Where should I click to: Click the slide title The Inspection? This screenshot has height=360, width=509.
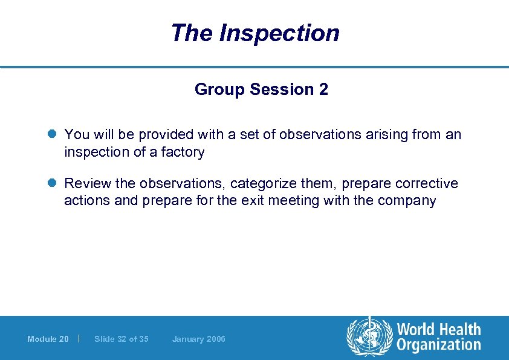[x=254, y=33]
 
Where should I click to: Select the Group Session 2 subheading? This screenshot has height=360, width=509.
[x=261, y=90]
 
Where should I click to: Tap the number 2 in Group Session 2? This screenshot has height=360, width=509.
[x=324, y=90]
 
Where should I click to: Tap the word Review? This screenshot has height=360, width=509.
[x=85, y=183]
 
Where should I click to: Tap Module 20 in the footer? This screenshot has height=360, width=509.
[x=48, y=339]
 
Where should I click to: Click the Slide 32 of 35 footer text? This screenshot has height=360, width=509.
[x=121, y=339]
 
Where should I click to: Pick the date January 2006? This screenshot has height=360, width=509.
[x=198, y=339]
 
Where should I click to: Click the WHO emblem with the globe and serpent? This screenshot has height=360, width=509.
[x=368, y=337]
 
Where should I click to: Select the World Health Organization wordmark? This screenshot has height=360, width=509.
[x=438, y=337]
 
